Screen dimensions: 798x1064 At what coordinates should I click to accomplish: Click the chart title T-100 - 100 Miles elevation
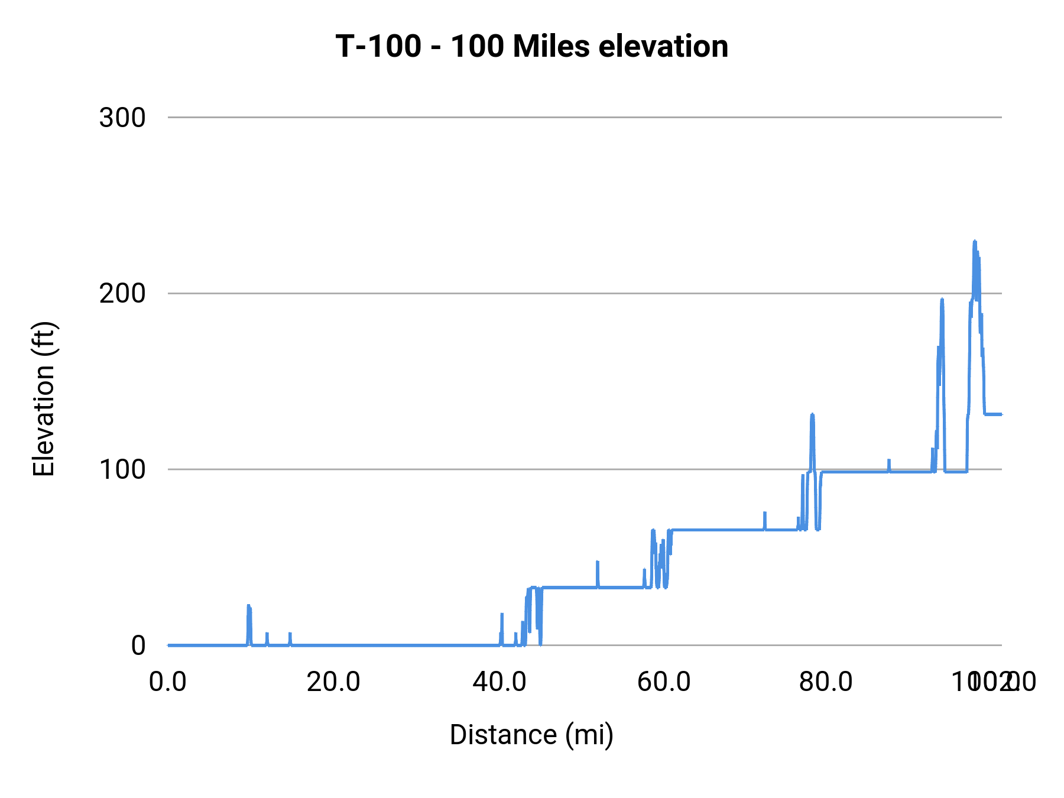(531, 46)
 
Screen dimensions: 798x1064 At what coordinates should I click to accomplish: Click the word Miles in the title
(551, 46)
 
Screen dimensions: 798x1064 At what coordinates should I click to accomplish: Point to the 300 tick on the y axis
(122, 118)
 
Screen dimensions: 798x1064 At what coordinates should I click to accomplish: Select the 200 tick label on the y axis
(122, 293)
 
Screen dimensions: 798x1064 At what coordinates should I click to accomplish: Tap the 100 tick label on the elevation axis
(122, 469)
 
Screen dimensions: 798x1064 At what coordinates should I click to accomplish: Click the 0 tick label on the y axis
(138, 645)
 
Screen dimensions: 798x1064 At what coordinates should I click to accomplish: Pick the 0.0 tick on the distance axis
(168, 682)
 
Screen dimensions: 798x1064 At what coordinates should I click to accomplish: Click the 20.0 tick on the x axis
(333, 682)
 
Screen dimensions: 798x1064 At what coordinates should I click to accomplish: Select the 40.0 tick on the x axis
(499, 682)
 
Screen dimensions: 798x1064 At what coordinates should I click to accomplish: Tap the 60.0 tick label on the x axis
(664, 682)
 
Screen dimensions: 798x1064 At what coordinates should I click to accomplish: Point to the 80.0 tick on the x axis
(826, 682)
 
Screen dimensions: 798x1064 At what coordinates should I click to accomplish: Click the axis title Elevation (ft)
(44, 399)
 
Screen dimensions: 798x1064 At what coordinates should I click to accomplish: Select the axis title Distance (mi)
(531, 735)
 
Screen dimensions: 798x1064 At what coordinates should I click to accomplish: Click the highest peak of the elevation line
(974, 241)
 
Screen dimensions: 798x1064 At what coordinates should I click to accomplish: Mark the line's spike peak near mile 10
(249, 605)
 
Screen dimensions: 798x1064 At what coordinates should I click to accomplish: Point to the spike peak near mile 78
(812, 414)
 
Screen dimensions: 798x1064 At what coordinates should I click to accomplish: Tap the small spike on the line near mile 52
(597, 562)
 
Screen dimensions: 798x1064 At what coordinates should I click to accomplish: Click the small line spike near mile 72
(764, 513)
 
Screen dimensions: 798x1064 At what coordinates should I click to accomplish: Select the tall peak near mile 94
(942, 300)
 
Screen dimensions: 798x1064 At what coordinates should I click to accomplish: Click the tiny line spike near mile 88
(888, 460)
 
